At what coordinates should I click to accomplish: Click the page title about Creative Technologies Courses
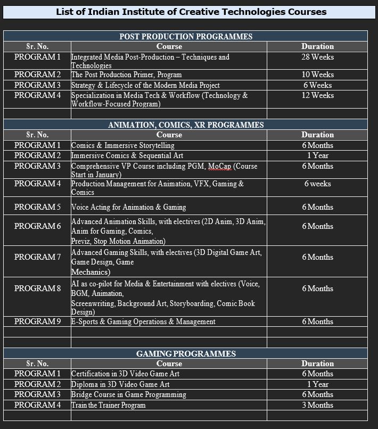coord(191,12)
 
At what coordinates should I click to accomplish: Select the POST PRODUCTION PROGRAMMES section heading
coord(185,36)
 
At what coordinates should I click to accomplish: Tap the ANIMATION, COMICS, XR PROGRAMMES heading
coord(185,125)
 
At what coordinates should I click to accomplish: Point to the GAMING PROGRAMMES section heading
coord(185,353)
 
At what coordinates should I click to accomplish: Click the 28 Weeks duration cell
coord(317,57)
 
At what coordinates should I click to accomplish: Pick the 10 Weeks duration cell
coord(317,75)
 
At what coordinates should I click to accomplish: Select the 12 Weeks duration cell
coord(317,95)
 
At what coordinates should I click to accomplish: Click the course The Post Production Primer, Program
coord(127,75)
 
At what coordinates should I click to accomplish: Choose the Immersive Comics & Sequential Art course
coord(127,155)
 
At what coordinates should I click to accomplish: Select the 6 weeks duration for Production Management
coord(317,184)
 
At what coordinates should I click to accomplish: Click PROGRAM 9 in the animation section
coord(37,321)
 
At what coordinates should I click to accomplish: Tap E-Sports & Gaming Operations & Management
coord(144,321)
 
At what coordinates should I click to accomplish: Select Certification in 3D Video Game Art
coord(126,374)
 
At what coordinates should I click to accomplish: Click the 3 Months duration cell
coord(317,405)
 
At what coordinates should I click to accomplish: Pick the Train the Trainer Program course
coord(109,405)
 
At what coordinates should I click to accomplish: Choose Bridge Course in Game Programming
coord(129,394)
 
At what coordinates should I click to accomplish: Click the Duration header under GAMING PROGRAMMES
coord(317,364)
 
